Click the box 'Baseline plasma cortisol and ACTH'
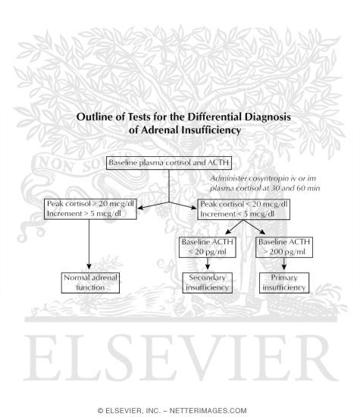168,163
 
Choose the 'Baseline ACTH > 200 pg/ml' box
283,247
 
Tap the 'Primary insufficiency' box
283,284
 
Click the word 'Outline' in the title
94,118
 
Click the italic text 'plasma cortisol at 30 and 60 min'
264,187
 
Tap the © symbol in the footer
101,409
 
